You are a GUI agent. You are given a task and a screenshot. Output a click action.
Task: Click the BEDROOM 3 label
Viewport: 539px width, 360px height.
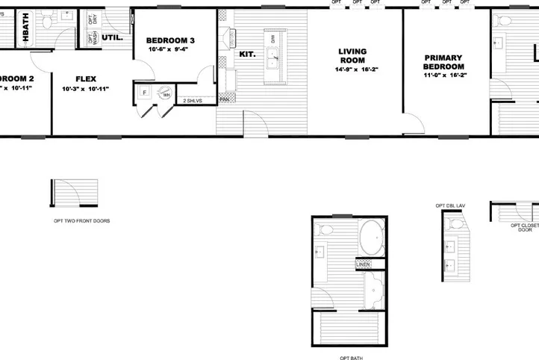point(170,40)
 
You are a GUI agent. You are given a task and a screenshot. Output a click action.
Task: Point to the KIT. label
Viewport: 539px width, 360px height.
point(246,54)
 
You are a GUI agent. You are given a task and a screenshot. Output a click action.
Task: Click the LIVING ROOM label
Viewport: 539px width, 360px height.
point(352,56)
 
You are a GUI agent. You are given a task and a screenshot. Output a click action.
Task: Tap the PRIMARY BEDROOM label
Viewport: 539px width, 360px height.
point(443,62)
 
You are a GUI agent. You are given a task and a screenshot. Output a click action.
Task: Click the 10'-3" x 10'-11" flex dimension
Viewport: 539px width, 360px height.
point(86,89)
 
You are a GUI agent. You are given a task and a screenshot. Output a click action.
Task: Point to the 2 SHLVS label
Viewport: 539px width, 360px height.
point(193,99)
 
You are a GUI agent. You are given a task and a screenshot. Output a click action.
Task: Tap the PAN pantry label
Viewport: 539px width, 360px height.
point(224,99)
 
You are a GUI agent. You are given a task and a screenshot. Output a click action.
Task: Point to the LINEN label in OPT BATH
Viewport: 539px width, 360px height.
point(364,264)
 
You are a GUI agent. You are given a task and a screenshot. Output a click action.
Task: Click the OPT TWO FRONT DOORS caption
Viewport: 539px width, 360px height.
point(81,221)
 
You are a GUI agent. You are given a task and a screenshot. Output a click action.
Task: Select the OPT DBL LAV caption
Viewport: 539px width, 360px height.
point(451,205)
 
